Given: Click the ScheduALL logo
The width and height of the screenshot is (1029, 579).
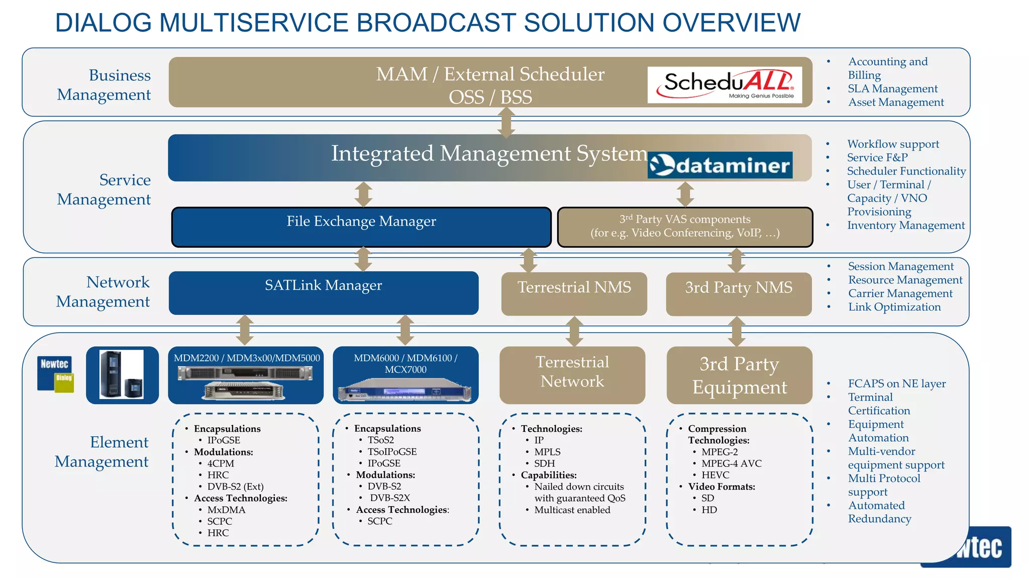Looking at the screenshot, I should pos(724,84).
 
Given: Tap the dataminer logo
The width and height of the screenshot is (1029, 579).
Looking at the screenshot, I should pos(719,165).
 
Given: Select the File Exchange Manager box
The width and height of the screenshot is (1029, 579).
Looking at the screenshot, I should pos(361,227).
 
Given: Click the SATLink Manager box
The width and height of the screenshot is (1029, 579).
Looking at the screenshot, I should pos(324,293).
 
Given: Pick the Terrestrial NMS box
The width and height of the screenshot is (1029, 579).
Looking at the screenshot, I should pos(574,294).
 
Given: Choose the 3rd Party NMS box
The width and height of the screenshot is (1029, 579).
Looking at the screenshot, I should pos(738,294).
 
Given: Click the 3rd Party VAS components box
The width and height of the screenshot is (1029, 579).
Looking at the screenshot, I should pos(684,227).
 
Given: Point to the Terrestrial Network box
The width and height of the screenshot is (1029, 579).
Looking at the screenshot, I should pos(572,374).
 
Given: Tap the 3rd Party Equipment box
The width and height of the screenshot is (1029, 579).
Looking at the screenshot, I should pos(739,375).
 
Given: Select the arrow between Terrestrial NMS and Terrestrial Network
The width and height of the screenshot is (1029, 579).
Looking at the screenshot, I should pos(574,331).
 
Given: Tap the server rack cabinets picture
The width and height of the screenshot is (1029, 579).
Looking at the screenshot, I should pos(122,375).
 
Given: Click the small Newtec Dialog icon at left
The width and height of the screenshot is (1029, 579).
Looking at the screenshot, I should pos(55,373).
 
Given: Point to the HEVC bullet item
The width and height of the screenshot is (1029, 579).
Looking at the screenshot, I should pos(715,475).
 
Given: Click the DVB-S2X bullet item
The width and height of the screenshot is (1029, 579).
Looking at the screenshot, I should pos(389,498).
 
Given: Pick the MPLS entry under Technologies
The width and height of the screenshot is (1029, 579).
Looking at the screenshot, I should pos(547,452).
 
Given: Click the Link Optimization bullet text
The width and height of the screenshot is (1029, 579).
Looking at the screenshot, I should pos(894,307).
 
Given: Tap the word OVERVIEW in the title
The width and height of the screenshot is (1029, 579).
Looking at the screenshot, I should pos(731,23).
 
